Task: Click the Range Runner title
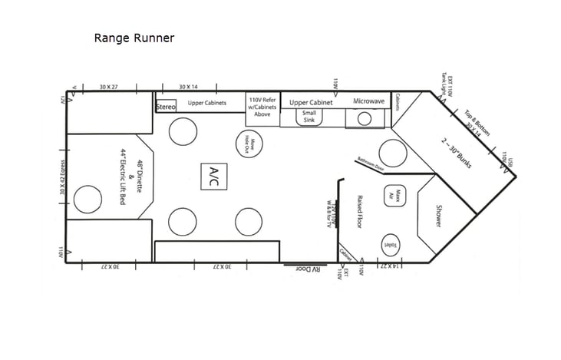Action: tap(134, 38)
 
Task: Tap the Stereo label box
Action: tap(166, 107)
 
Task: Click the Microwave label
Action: tap(368, 101)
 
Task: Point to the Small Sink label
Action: tap(309, 117)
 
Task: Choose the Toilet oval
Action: tap(389, 245)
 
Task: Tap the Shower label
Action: tap(438, 215)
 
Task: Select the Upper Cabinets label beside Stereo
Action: tap(206, 103)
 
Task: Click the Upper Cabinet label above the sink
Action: tap(311, 101)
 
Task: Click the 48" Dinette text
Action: tap(140, 177)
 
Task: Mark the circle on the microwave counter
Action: tap(365, 118)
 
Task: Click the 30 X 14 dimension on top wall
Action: tap(189, 86)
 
